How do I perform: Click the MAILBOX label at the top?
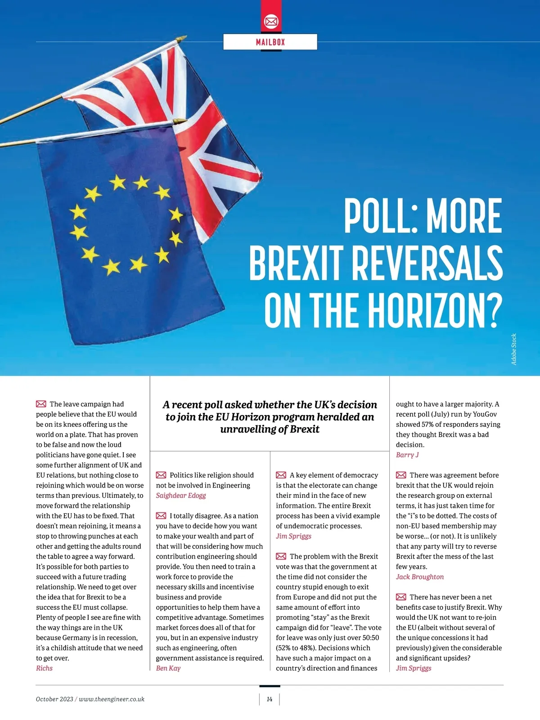(x=270, y=42)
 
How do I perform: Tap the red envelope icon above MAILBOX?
(x=271, y=21)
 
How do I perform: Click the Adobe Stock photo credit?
(x=514, y=349)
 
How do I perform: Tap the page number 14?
(x=270, y=699)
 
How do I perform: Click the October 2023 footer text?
(x=54, y=699)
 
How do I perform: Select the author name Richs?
(x=44, y=668)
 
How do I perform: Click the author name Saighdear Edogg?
(x=181, y=496)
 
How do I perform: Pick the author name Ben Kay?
(x=168, y=668)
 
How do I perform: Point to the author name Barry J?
(x=407, y=455)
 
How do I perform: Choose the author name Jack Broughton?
(x=420, y=577)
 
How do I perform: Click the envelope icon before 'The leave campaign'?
(x=41, y=404)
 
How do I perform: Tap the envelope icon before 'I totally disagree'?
(x=161, y=516)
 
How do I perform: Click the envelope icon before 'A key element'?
(x=281, y=475)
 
